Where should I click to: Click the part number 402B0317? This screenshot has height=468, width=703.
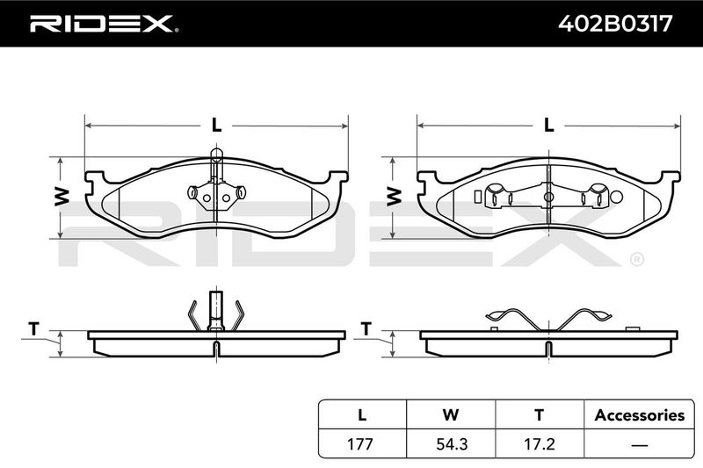[x=615, y=24]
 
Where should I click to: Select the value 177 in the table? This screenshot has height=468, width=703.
[x=360, y=443]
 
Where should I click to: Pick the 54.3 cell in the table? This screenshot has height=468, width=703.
[x=452, y=443]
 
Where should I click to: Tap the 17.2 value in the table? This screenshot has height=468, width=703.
[x=540, y=443]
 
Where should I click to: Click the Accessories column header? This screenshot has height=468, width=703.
[x=640, y=415]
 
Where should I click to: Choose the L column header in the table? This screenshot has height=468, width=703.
[x=362, y=415]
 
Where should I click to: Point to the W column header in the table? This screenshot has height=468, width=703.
[x=451, y=415]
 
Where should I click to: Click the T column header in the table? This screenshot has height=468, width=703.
[x=540, y=415]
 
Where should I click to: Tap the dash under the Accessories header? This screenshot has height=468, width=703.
[x=640, y=445]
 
